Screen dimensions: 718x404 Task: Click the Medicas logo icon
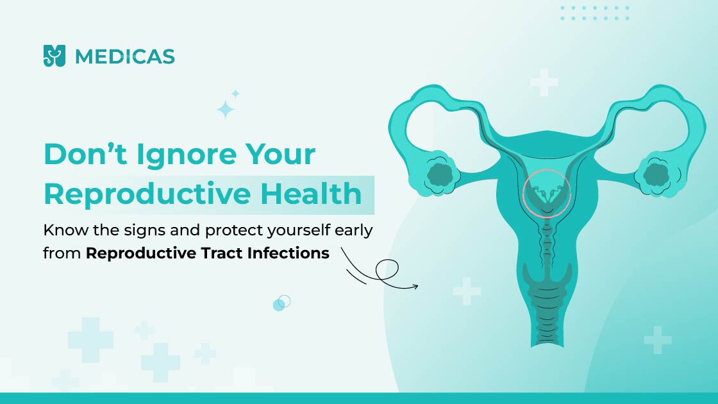54,56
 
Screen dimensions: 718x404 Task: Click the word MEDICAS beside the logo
124,57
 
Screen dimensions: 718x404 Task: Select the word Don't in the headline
86,154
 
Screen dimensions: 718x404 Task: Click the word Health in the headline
312,193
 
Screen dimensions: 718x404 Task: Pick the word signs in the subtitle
144,231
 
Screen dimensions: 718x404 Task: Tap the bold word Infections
288,253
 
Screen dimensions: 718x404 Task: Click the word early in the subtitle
353,231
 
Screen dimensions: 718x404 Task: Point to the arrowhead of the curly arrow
415,287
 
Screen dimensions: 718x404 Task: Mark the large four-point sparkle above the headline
225,110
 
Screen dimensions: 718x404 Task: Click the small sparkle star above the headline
235,94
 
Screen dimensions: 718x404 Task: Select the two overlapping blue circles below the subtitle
281,303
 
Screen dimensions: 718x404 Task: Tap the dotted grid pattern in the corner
596,13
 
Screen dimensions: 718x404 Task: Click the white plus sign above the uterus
544,83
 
